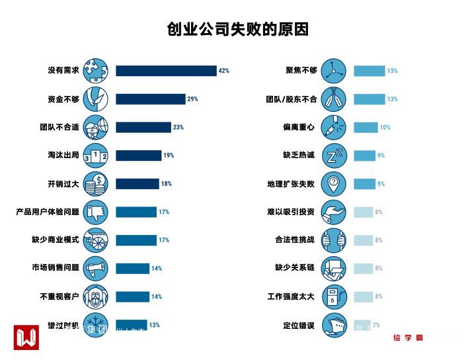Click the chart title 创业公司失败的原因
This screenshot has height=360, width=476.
point(238,30)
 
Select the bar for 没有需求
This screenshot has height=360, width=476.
point(166,71)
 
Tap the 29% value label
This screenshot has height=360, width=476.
point(192,99)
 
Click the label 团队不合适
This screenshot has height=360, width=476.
point(59,127)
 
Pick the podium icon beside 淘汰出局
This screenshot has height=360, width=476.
point(97,156)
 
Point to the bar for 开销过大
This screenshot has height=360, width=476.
point(138,184)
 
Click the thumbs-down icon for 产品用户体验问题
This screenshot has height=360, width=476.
point(97,212)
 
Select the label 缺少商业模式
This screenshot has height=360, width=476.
point(55,240)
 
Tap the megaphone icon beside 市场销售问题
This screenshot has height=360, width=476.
point(97,268)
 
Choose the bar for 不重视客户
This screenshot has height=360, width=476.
point(132,296)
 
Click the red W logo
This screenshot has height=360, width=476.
point(26,337)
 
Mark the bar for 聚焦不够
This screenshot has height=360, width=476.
point(369,71)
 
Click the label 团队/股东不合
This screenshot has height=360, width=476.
point(292,99)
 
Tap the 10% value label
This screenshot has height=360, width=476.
point(385,127)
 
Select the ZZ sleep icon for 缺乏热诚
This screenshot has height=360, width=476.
point(335,156)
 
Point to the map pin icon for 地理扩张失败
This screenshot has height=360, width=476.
point(335,183)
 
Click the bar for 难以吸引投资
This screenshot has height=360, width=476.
point(363,212)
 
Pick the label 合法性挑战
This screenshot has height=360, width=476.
point(295,240)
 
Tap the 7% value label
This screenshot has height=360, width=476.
point(376,325)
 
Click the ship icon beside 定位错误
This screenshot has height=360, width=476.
point(335,324)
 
